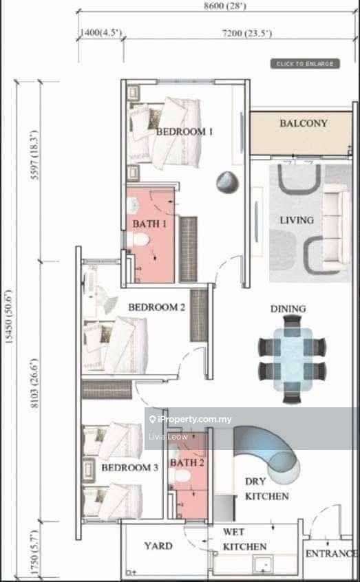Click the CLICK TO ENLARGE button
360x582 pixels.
pos(305,64)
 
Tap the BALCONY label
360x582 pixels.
pos(304,123)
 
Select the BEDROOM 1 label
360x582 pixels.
pos(184,131)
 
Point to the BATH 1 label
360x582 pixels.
pos(149,224)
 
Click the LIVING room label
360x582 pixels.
pos(297,220)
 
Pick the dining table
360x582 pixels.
pos(293,359)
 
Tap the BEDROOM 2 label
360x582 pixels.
pos(157,308)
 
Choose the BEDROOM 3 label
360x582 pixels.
pos(130,468)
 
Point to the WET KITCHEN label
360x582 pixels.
pos(244,539)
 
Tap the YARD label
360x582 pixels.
pos(158,546)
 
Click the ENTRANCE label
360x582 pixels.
pos(331,554)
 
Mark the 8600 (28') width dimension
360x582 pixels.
pos(225,6)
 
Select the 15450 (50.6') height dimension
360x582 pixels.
pos(8,316)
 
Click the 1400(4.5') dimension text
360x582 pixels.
pos(101,32)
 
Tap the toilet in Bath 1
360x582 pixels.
pos(138,240)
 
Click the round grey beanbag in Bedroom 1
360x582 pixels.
pos(227,182)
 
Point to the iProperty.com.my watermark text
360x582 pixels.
pos(190,420)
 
